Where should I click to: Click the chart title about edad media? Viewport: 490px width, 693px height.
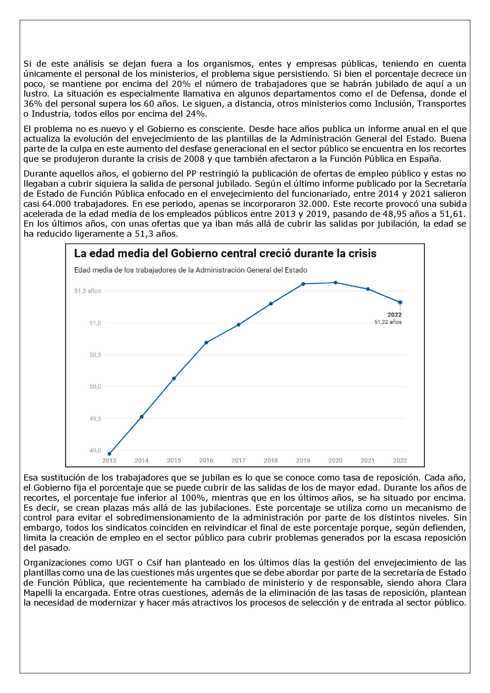pos(225,254)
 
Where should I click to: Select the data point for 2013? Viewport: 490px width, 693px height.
pos(110,454)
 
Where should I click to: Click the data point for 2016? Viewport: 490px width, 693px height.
pos(206,343)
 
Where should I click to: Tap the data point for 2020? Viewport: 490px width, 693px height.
pos(336,283)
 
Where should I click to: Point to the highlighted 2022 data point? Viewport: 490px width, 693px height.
pos(400,302)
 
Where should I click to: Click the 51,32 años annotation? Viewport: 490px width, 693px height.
pos(388,322)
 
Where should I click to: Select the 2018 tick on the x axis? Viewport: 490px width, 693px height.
pos(271,461)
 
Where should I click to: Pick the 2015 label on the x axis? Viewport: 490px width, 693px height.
pos(174,461)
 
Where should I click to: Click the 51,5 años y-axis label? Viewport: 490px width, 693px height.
pos(88,291)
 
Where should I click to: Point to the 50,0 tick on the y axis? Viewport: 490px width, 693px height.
pos(95,387)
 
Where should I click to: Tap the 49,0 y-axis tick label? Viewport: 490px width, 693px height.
pos(95,451)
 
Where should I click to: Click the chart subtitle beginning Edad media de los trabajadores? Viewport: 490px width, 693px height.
pos(191,270)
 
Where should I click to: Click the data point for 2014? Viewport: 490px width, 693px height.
pos(142,417)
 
